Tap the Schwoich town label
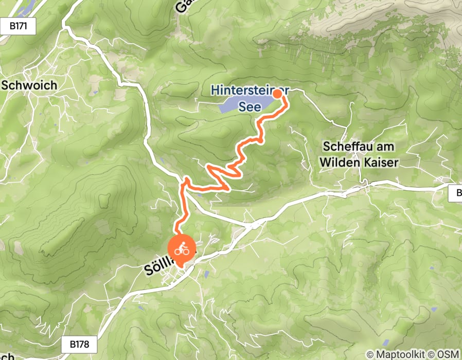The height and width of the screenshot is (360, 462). pyautogui.click(x=29, y=85)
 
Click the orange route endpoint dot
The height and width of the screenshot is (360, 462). pyautogui.click(x=277, y=94)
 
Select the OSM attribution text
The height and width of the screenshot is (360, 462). pyautogui.click(x=448, y=354)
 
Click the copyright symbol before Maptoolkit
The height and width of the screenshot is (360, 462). pyautogui.click(x=369, y=354)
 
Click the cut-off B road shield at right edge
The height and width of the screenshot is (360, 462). pyautogui.click(x=457, y=194)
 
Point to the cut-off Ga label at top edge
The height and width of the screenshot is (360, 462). pyautogui.click(x=182, y=6)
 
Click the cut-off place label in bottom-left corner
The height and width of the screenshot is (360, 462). pyautogui.click(x=7, y=356)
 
